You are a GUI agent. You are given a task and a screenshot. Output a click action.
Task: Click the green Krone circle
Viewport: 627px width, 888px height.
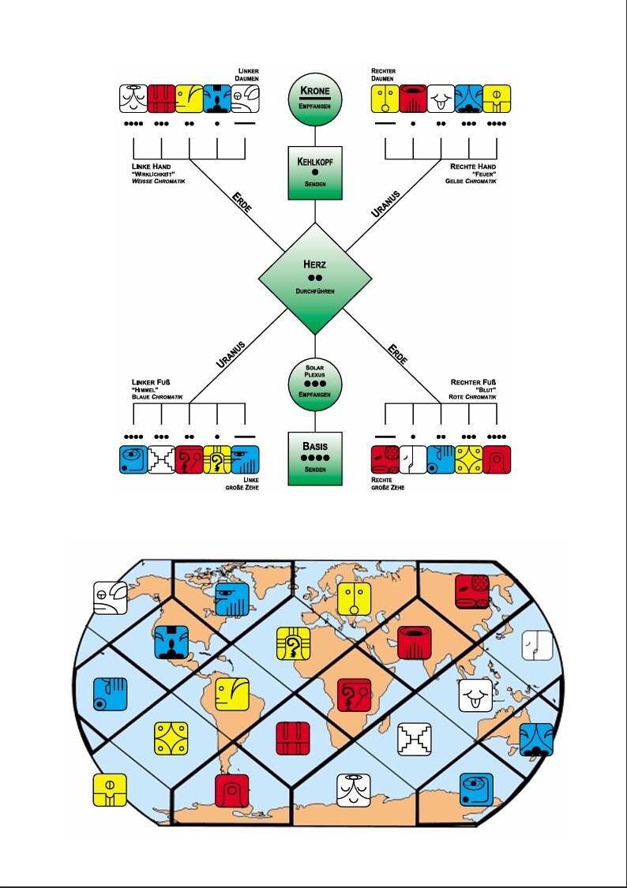tap(315, 97)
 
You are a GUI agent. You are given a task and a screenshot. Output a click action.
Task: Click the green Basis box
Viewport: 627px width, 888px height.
tap(315, 457)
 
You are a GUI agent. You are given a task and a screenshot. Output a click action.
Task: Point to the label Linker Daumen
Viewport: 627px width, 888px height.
tap(249, 75)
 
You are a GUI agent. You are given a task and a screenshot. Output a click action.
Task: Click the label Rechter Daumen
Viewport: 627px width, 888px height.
tap(384, 75)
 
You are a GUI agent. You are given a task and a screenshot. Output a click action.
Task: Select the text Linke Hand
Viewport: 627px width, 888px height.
tap(148, 167)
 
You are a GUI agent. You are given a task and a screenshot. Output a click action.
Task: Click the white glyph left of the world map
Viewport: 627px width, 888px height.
tap(110, 598)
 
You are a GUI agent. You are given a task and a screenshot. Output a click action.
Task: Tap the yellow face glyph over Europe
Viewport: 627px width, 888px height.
tap(354, 600)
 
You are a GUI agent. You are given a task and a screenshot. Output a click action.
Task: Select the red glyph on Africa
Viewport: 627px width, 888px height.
tap(353, 694)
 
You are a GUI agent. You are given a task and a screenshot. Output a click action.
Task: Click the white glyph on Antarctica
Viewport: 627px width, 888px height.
tap(353, 789)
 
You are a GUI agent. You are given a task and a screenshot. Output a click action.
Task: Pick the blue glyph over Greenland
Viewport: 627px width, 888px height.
tap(232, 600)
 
